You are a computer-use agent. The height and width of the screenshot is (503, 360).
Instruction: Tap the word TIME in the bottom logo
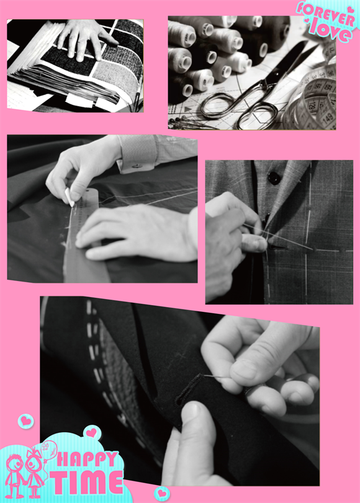[87, 482]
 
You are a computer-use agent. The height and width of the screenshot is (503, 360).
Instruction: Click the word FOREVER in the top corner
[325, 14]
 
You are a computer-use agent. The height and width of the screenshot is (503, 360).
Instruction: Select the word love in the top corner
[330, 32]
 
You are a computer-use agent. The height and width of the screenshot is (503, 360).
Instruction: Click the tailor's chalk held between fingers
[70, 197]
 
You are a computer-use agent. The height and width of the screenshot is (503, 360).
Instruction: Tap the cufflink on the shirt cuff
[137, 166]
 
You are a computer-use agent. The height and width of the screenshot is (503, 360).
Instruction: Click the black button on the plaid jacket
[274, 178]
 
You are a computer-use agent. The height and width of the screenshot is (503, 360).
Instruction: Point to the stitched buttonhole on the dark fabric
[189, 389]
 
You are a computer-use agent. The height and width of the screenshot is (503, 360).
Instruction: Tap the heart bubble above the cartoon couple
[92, 433]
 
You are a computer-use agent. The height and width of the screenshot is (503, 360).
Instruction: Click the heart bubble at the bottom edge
[162, 493]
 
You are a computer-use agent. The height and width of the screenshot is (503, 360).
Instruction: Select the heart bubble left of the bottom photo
[25, 421]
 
